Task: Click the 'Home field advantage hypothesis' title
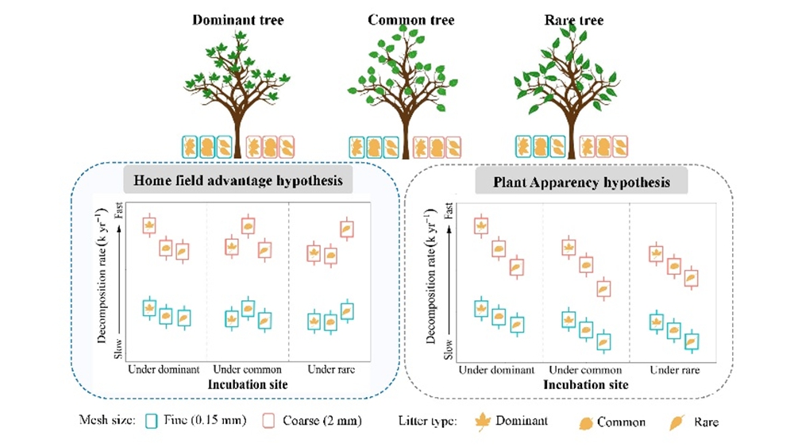click(x=244, y=181)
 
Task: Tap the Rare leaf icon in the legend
click(x=677, y=422)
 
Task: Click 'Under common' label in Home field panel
click(x=247, y=370)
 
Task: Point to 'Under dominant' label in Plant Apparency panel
click(x=497, y=370)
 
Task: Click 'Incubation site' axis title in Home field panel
click(x=247, y=383)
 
